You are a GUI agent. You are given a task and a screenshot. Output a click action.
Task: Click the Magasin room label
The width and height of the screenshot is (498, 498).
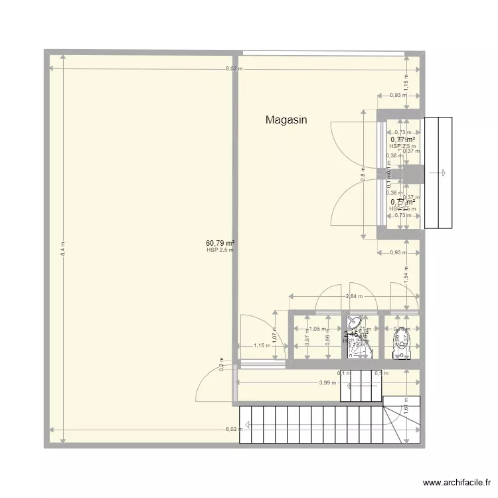pos(286,120)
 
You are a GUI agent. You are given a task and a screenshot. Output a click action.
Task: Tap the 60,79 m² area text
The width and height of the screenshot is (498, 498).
pos(220,243)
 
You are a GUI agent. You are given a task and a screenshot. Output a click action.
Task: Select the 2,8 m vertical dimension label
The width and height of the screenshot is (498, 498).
pos(363,175)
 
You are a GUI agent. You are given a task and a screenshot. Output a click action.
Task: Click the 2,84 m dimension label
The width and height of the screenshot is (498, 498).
pos(354,296)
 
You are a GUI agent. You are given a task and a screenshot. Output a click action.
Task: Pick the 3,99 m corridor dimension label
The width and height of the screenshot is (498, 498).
pos(326,382)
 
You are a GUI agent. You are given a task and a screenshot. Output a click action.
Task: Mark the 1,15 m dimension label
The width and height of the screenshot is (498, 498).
pos(263,345)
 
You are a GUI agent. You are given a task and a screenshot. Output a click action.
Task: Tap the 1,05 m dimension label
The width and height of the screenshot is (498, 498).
pos(315,329)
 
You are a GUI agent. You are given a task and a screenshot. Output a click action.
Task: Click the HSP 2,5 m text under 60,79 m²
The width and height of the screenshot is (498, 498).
pos(220,250)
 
